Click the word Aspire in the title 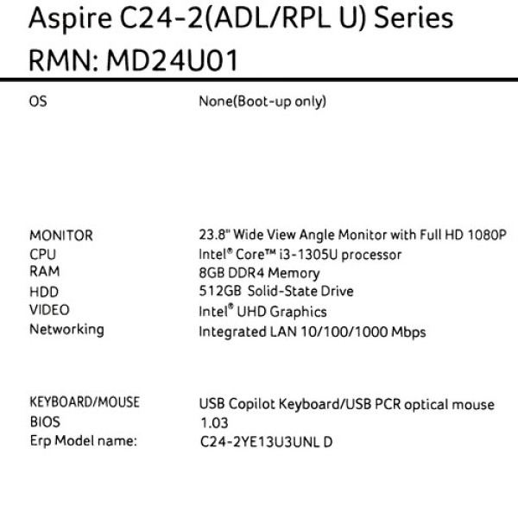tap(70, 18)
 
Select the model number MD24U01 tap(172, 60)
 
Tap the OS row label tap(38, 101)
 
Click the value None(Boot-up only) tap(262, 101)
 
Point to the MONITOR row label tap(61, 236)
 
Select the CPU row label tap(42, 255)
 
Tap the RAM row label tap(45, 272)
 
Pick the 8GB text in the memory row tap(212, 273)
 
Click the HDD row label tap(44, 292)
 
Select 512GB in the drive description tap(220, 291)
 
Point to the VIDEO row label tap(49, 310)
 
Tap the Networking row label tap(66, 330)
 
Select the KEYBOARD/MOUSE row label tap(85, 402)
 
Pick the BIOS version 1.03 tap(214, 423)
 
